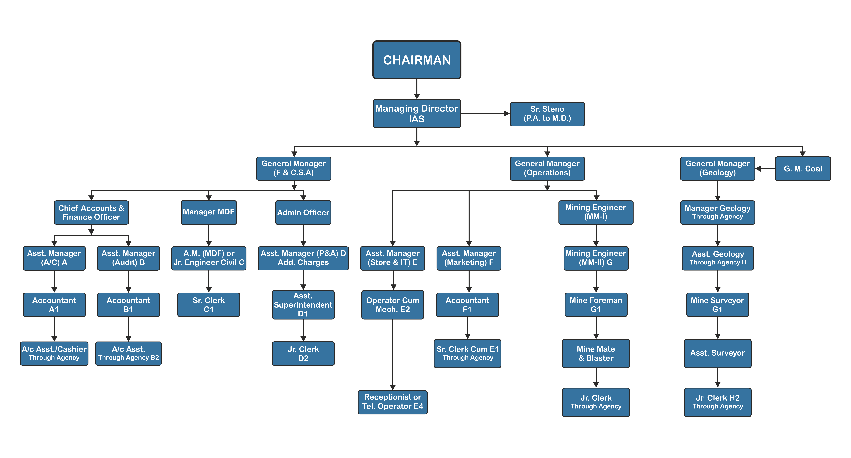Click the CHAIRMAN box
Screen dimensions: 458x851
417,60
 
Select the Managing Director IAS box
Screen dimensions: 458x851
417,113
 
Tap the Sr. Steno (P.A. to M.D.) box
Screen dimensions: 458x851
547,114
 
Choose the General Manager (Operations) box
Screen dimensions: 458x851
547,168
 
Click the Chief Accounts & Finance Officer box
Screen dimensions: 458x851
91,213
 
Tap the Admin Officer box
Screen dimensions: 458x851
303,213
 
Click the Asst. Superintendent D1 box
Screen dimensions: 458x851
303,305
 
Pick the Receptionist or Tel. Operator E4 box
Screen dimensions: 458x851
393,402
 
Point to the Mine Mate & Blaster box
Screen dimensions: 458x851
596,354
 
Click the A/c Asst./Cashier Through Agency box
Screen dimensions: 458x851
54,353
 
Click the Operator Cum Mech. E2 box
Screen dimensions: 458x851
393,305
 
